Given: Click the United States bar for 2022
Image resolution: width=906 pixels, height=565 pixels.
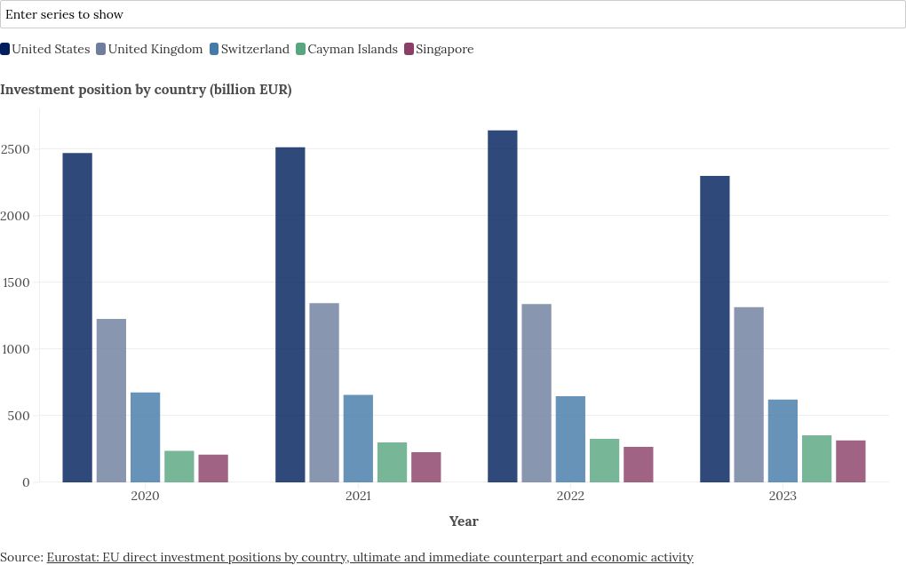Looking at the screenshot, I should pyautogui.click(x=503, y=306).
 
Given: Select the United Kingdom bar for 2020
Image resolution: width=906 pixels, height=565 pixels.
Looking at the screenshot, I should pyautogui.click(x=111, y=401).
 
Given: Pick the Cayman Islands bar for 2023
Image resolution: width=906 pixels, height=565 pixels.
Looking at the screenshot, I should pyautogui.click(x=816, y=458).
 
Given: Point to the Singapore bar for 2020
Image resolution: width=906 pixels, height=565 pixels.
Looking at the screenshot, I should pyautogui.click(x=213, y=468).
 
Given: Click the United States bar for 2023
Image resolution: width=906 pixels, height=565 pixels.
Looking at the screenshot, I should pyautogui.click(x=715, y=329).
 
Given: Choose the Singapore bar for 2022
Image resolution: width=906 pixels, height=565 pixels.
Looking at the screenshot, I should pyautogui.click(x=638, y=465).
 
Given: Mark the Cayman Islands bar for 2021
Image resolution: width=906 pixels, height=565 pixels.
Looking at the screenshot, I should pyautogui.click(x=392, y=462).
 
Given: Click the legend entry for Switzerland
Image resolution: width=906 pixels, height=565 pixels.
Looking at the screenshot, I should pyautogui.click(x=250, y=50).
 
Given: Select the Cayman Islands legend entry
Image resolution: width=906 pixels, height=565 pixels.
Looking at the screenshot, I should pyautogui.click(x=346, y=50).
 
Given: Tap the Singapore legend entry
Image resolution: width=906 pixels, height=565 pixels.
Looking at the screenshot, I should pyautogui.click(x=439, y=50).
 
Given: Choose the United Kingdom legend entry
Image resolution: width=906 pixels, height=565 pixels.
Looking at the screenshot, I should pyautogui.click(x=149, y=50).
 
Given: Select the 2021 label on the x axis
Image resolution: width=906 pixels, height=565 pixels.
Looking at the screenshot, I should pyautogui.click(x=357, y=496).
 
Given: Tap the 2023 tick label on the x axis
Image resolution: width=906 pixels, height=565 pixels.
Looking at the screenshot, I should pyautogui.click(x=783, y=496).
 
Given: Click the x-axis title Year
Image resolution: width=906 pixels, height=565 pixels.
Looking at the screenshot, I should pyautogui.click(x=464, y=521).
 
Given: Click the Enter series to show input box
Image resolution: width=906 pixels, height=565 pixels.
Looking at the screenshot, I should pyautogui.click(x=453, y=14).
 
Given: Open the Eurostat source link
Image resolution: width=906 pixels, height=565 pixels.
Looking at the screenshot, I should pyautogui.click(x=370, y=557).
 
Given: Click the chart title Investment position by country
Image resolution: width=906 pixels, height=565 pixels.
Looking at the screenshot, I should pyautogui.click(x=146, y=90).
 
